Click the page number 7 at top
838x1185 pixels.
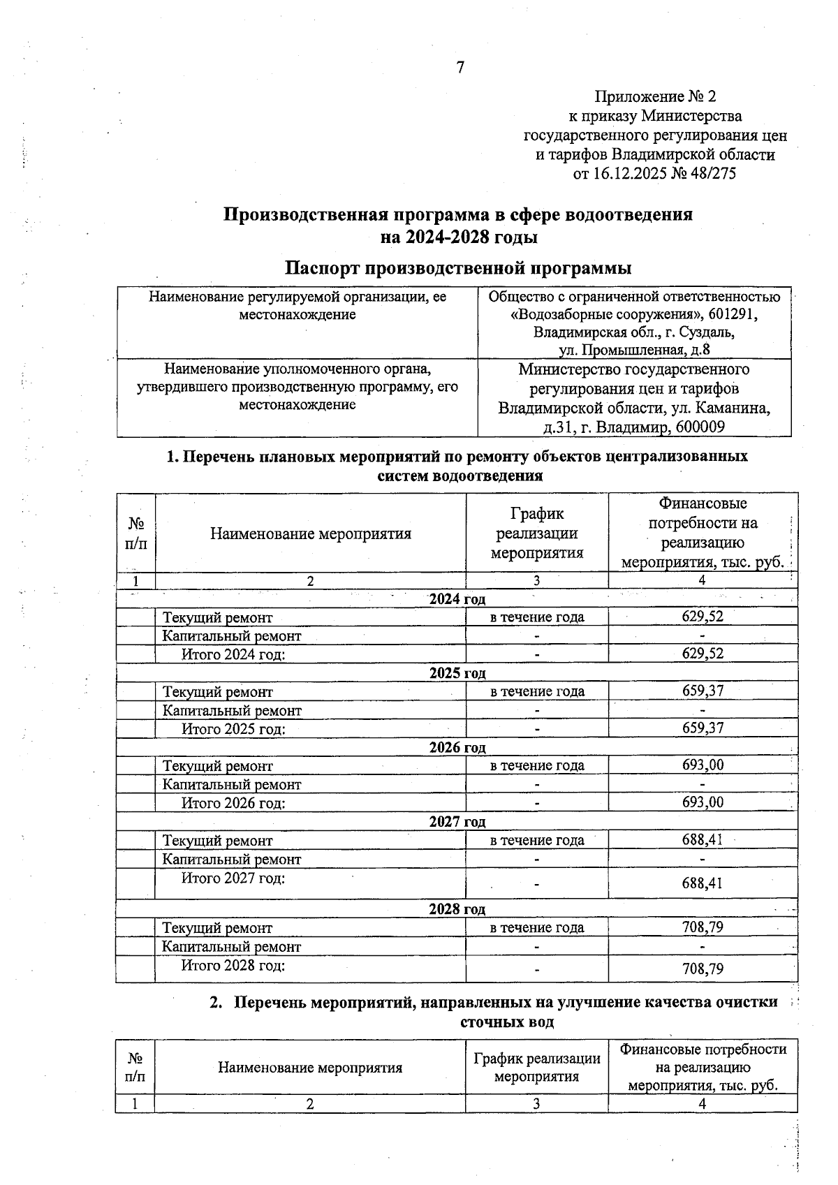click(460, 68)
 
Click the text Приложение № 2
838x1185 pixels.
click(654, 96)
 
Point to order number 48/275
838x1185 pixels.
click(712, 173)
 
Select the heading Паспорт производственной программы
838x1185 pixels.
click(458, 268)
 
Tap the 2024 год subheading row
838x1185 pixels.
click(457, 598)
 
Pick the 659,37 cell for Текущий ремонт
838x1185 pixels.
click(703, 691)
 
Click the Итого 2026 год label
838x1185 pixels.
click(233, 803)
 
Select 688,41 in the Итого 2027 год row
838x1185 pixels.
click(703, 884)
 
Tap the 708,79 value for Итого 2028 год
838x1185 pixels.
click(703, 969)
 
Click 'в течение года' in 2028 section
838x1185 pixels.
click(536, 928)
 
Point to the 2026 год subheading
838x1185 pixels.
click(457, 748)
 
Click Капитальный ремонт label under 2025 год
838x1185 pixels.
click(232, 711)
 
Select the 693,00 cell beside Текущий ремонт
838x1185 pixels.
click(703, 765)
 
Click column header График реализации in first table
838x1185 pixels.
click(536, 533)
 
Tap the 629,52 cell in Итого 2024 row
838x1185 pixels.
click(703, 654)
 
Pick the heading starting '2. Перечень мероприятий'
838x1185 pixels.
click(494, 1003)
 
